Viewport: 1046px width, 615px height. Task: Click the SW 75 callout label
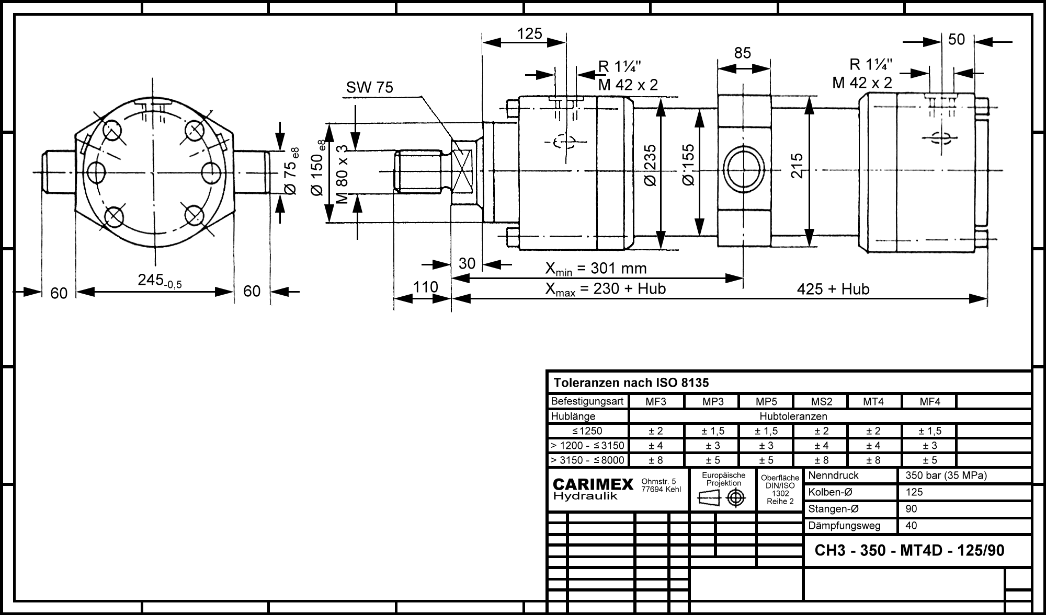pos(369,87)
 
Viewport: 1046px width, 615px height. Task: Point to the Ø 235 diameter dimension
pos(651,166)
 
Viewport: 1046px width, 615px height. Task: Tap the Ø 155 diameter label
pos(689,165)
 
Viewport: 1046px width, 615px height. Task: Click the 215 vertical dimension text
pos(797,166)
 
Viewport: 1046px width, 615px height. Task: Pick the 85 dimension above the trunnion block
pos(743,53)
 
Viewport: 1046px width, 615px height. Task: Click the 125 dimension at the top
pos(530,34)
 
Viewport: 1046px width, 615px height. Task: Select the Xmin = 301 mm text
pos(596,269)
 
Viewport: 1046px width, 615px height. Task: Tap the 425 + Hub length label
pos(833,289)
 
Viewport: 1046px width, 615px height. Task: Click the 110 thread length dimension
pos(425,287)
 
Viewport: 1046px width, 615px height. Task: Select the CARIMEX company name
pos(593,484)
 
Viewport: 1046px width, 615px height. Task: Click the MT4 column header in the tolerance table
pos(873,402)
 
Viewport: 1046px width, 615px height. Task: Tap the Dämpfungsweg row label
pos(844,526)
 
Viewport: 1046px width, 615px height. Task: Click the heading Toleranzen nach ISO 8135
pos(631,383)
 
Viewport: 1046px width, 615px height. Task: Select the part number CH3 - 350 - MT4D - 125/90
pos(909,551)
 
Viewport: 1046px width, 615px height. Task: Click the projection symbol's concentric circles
pos(736,498)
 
